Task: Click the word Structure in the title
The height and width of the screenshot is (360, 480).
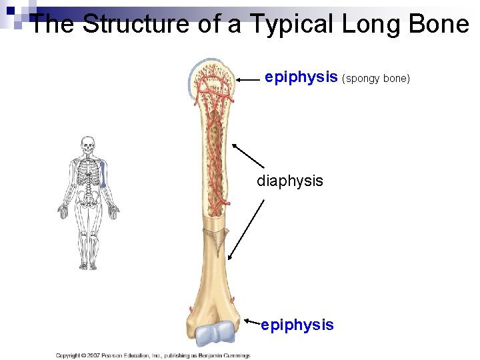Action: [x=126, y=25]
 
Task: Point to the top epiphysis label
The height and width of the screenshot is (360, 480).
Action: [x=301, y=77]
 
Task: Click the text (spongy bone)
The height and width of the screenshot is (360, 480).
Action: [x=376, y=79]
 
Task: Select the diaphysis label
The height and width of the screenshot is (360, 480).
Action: [x=290, y=181]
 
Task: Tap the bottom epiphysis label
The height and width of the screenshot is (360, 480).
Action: [x=297, y=325]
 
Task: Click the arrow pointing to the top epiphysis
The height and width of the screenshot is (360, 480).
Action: [x=247, y=79]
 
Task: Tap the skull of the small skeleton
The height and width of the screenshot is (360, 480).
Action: [x=88, y=145]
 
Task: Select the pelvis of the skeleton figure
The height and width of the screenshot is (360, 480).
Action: [x=88, y=198]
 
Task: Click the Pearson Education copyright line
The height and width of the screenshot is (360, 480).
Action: [x=153, y=355]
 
